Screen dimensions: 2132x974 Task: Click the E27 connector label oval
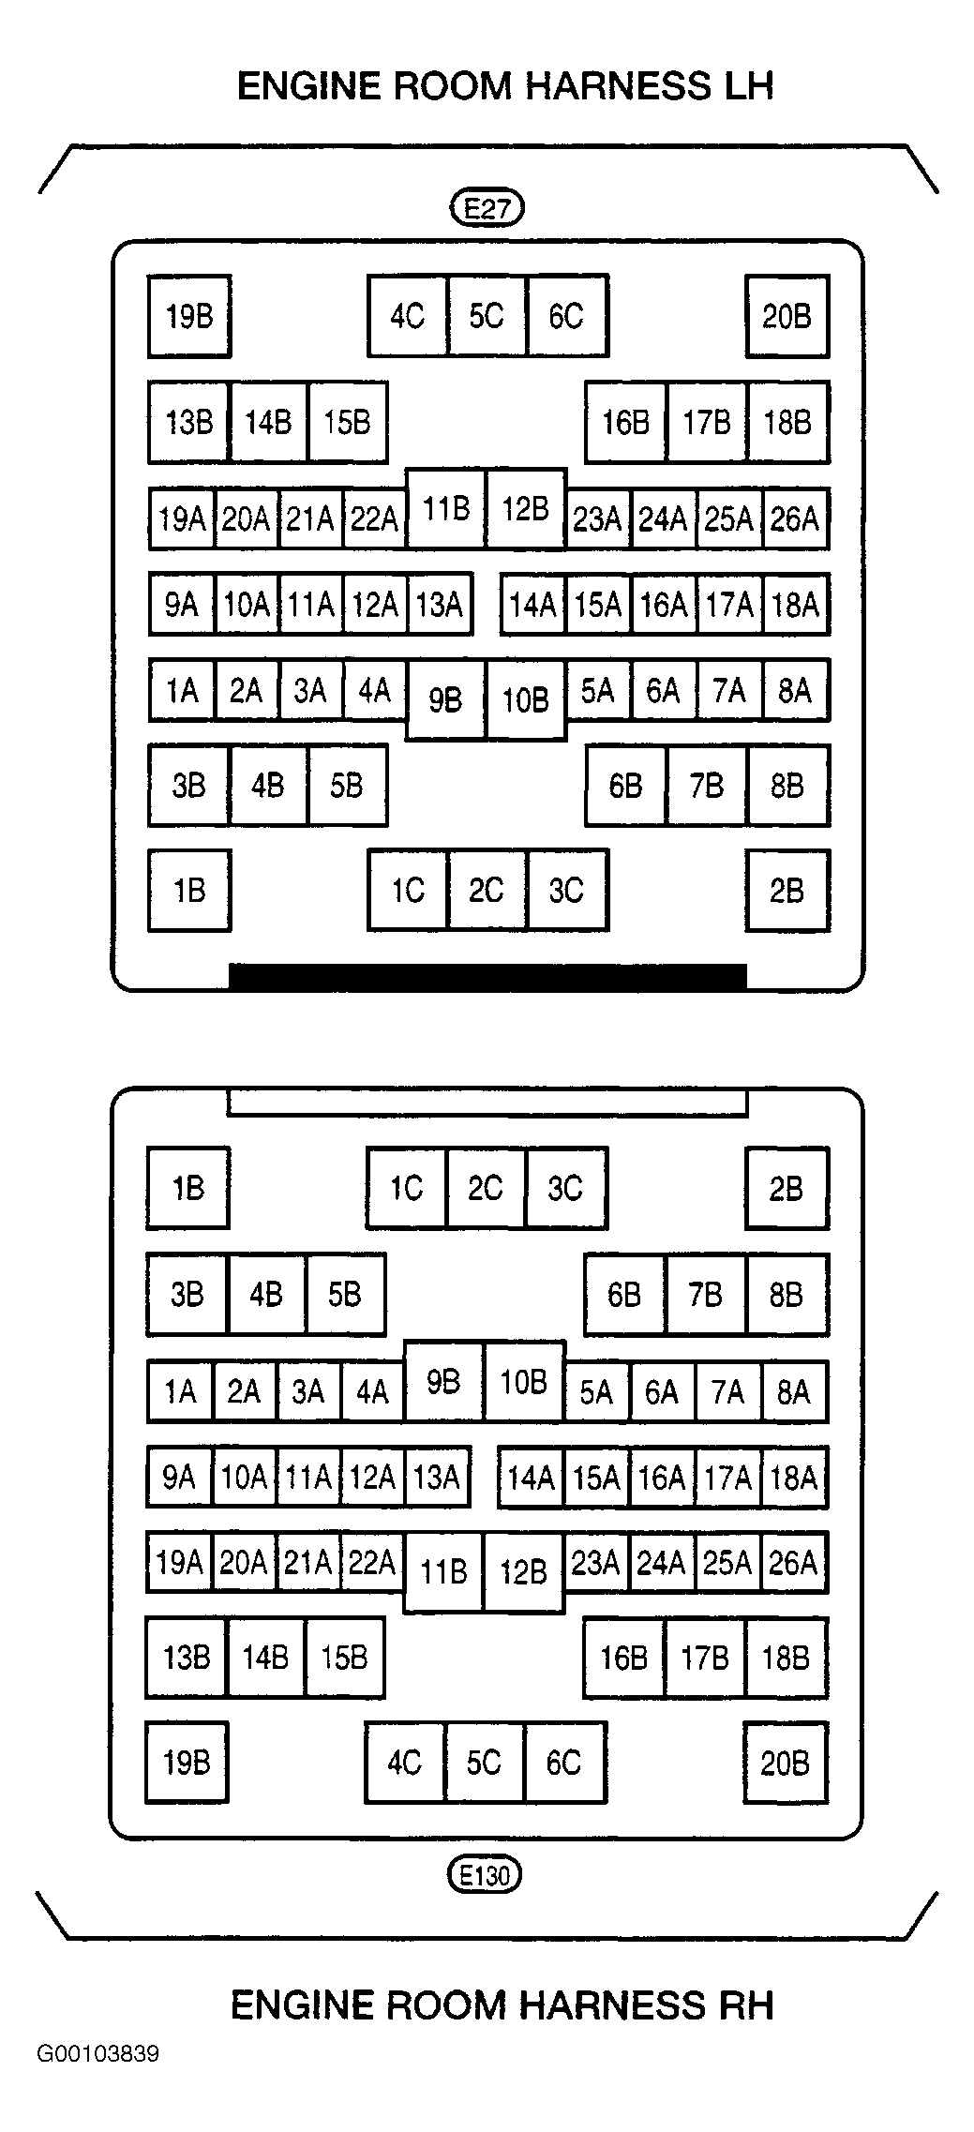487,207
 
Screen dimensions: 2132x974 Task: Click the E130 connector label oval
485,1875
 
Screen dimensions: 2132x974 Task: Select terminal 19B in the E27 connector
189,317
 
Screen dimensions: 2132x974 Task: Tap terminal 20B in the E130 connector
785,1763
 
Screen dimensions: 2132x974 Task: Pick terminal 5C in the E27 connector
487,317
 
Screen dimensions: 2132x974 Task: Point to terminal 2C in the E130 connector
486,1188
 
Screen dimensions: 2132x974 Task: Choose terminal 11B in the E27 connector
445,508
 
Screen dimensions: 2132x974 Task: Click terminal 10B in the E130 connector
524,1381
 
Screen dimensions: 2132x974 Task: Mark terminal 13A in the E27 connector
440,605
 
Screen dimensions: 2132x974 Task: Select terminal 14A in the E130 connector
531,1479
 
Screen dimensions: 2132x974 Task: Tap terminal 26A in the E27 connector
795,518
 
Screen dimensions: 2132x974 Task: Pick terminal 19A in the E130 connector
179,1563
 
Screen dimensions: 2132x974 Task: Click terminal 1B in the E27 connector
189,891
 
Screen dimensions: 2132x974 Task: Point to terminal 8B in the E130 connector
787,1295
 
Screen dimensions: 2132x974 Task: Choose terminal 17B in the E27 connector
707,423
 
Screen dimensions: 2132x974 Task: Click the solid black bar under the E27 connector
487,976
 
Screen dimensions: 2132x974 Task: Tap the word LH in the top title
741,86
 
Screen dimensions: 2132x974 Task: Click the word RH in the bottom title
741,2005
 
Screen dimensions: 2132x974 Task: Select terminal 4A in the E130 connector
372,1391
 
